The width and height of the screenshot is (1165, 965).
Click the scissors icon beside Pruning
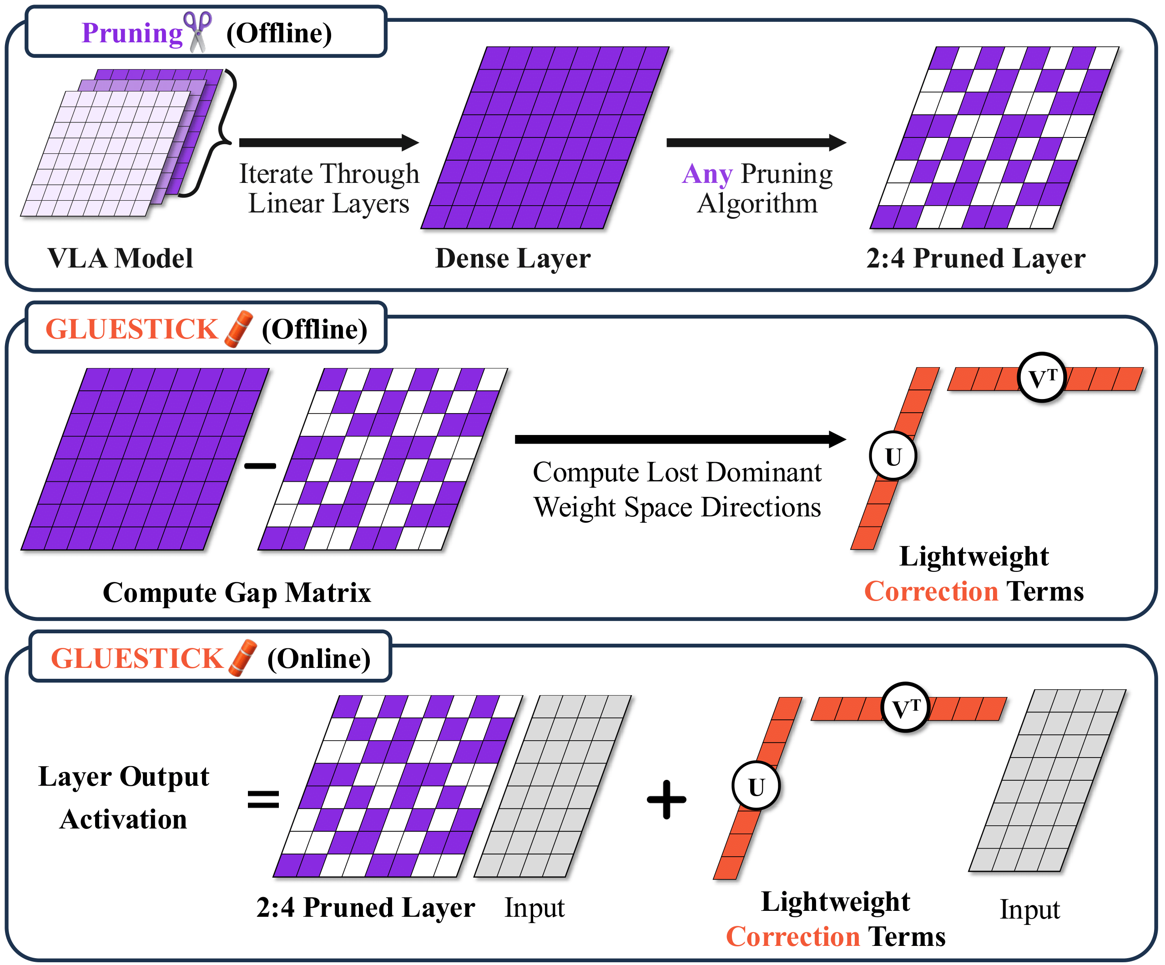coord(197,32)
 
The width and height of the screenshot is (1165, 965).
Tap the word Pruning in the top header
coord(132,33)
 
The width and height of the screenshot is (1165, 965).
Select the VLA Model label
coord(121,258)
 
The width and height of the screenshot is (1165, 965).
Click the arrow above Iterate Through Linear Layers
coord(328,142)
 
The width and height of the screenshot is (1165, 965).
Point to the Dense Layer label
coord(513,258)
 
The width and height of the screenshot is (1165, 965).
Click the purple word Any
coord(707,174)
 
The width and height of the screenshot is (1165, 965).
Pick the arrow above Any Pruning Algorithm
coord(756,142)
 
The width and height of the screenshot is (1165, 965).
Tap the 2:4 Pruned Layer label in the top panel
coord(975,258)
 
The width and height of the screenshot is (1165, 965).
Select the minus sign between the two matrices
coord(260,465)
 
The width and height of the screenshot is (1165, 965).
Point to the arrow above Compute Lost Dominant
coord(680,439)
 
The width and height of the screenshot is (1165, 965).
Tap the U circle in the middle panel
coord(893,456)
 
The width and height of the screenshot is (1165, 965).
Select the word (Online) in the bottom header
coord(318,659)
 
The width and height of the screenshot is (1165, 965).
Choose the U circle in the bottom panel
coord(756,786)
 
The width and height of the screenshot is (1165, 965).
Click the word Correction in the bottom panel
coord(793,937)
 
